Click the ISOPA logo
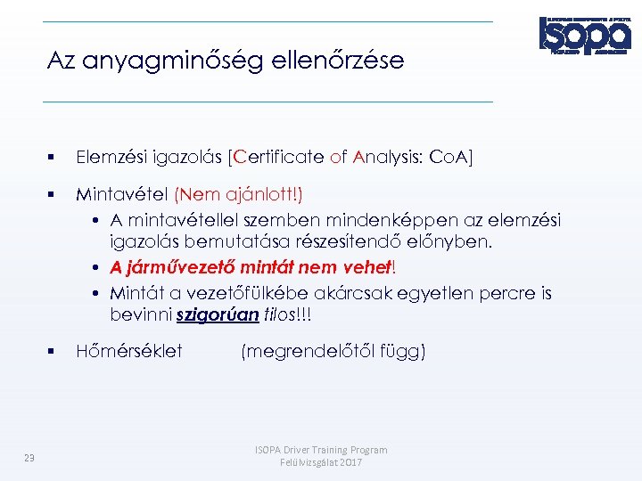585,36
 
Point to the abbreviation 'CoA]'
451,158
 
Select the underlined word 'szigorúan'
218,316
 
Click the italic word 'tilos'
284,316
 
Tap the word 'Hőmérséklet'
129,351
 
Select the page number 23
29,457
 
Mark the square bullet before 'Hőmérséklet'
54,352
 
